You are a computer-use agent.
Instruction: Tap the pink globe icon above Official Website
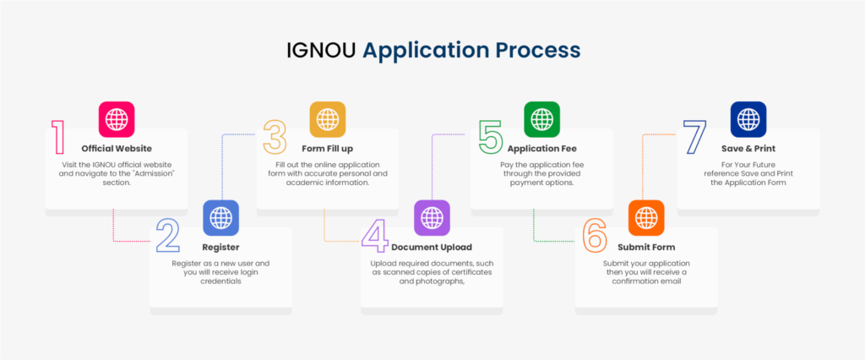[x=117, y=119]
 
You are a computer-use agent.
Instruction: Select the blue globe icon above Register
[x=221, y=217]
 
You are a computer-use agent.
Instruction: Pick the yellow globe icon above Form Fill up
[x=327, y=119]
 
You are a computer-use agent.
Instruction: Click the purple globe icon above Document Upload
[x=432, y=217]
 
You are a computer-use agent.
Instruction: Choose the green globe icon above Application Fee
[x=541, y=119]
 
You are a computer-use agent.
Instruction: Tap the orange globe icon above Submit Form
[x=646, y=217]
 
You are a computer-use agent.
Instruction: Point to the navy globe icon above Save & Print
[x=748, y=119]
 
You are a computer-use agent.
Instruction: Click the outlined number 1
[x=57, y=138]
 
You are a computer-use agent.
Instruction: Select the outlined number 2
[x=167, y=236]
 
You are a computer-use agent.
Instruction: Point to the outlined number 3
[x=275, y=138]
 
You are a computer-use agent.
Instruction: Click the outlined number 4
[x=374, y=236]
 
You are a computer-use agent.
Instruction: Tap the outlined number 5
[x=491, y=138]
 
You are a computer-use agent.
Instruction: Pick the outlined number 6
[x=595, y=236]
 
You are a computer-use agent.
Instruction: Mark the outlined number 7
[x=695, y=138]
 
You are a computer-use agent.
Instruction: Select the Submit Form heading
[x=646, y=248]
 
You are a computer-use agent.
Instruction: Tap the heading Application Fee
[x=541, y=149]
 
